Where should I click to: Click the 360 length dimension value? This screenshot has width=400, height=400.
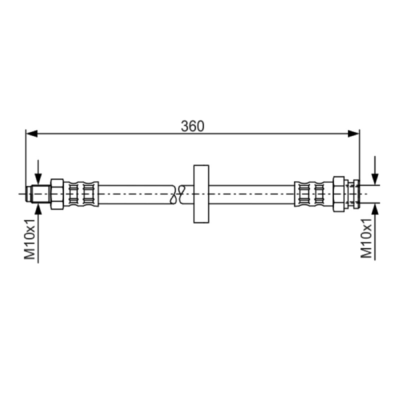(x=192, y=126)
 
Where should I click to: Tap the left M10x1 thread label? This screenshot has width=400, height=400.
(x=30, y=239)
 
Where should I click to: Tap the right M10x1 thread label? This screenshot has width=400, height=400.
(x=366, y=238)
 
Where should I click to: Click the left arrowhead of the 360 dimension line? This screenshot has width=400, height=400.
(x=32, y=133)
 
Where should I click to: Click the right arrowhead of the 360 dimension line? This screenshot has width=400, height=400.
(x=353, y=133)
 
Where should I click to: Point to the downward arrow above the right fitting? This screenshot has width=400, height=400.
(x=375, y=170)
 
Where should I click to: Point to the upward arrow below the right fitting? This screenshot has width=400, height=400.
(x=375, y=231)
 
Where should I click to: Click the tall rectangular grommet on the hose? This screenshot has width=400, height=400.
(x=201, y=194)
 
